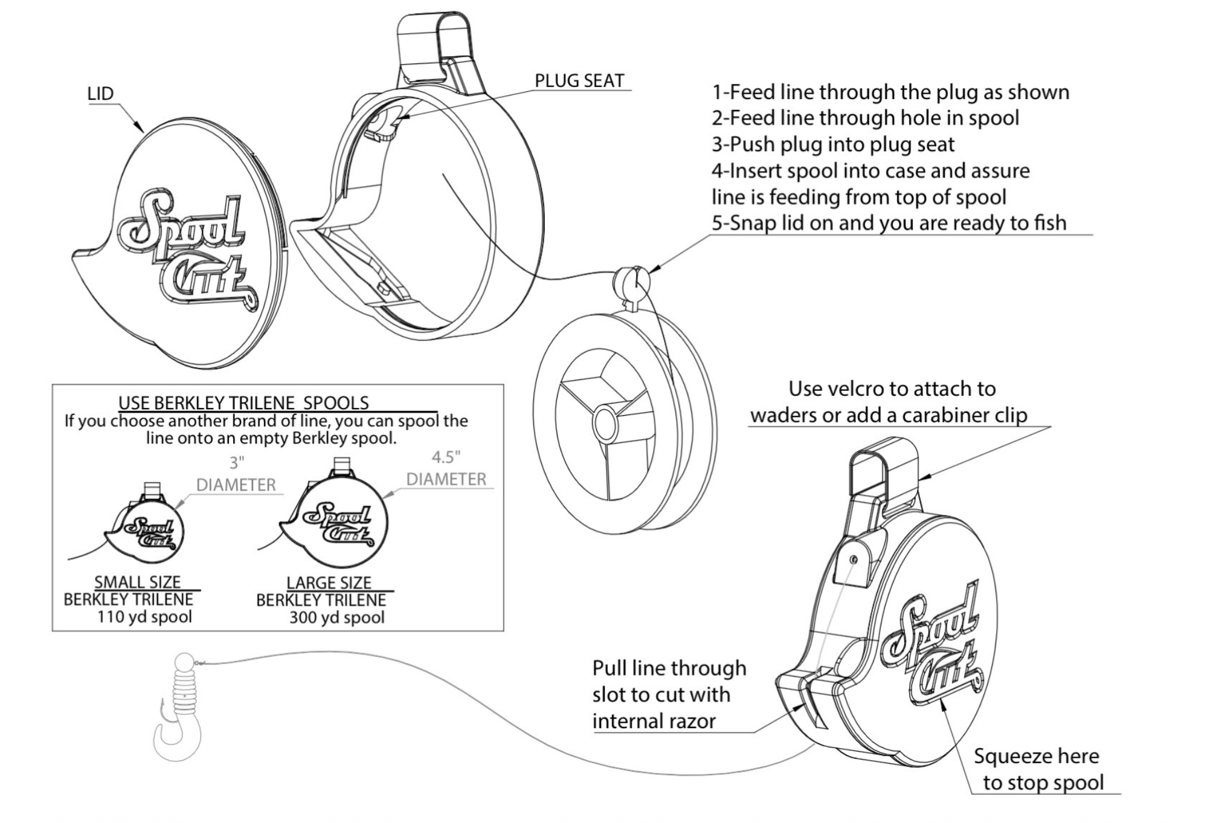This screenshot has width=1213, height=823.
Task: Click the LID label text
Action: tap(100, 94)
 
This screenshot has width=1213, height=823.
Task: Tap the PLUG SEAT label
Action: tap(579, 81)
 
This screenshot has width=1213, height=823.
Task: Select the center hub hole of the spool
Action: tap(604, 424)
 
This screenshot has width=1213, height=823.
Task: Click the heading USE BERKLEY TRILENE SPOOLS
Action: tap(243, 403)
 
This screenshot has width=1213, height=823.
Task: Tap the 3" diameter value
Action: tap(237, 463)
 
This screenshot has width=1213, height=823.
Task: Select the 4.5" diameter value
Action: tap(446, 457)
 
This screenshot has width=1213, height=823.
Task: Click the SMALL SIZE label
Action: tap(138, 582)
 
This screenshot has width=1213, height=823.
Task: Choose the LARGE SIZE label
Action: tap(329, 583)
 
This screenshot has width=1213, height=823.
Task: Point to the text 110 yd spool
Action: tap(144, 617)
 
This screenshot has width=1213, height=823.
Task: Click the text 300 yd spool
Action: tap(336, 618)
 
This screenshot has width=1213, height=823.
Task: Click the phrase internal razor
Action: tap(654, 721)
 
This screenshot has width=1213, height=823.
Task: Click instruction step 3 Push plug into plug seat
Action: tap(833, 144)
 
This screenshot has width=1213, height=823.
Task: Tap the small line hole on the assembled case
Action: tap(853, 560)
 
